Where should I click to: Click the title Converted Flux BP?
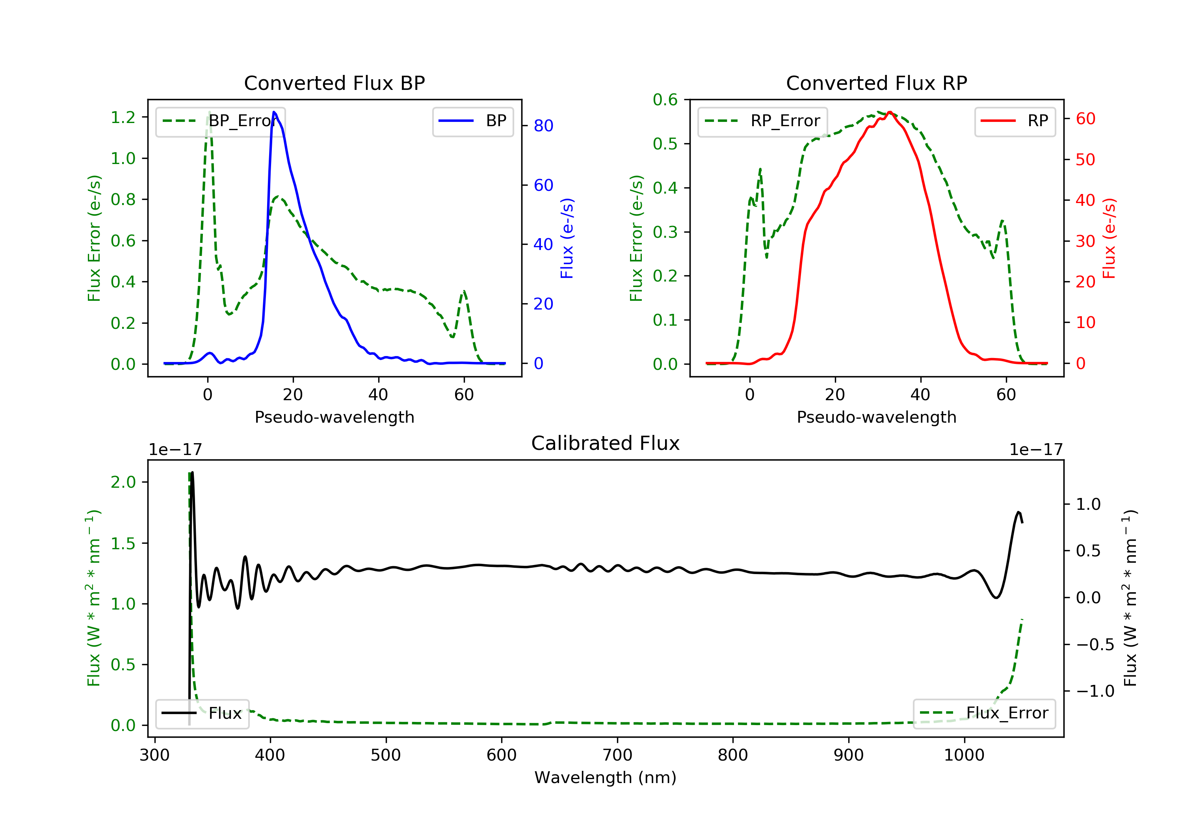[x=334, y=83]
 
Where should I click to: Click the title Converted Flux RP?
[x=876, y=83]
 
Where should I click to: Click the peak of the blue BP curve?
[x=274, y=112]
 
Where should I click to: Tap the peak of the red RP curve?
[x=890, y=112]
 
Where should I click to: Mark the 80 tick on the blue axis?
[x=543, y=126]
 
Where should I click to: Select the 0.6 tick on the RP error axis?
[x=665, y=99]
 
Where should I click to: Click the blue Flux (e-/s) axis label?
[x=567, y=238]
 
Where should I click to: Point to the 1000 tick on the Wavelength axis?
[x=964, y=755]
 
